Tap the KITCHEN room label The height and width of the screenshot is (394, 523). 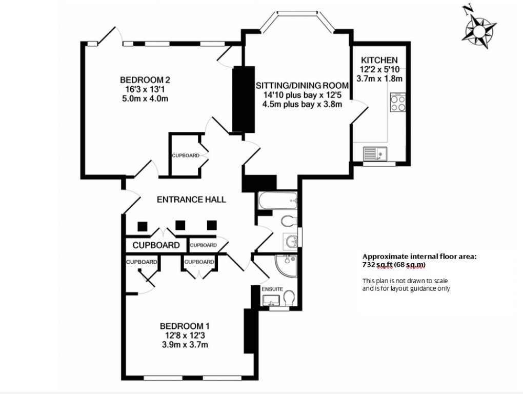click(379, 60)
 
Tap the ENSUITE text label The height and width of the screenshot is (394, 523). click(272, 289)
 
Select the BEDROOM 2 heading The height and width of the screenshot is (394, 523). click(145, 80)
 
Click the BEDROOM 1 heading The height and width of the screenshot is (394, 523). click(184, 326)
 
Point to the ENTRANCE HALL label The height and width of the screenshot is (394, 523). click(191, 200)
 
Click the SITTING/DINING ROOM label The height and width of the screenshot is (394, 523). click(302, 85)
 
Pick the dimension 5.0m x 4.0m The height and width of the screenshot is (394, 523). click(145, 98)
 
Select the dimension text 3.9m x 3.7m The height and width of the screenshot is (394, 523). click(184, 345)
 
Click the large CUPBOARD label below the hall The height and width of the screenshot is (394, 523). click(156, 245)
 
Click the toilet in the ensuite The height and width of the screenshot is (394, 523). click(288, 298)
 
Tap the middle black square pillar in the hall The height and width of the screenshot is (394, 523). click(179, 225)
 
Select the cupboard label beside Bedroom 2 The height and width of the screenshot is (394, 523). click(185, 155)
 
